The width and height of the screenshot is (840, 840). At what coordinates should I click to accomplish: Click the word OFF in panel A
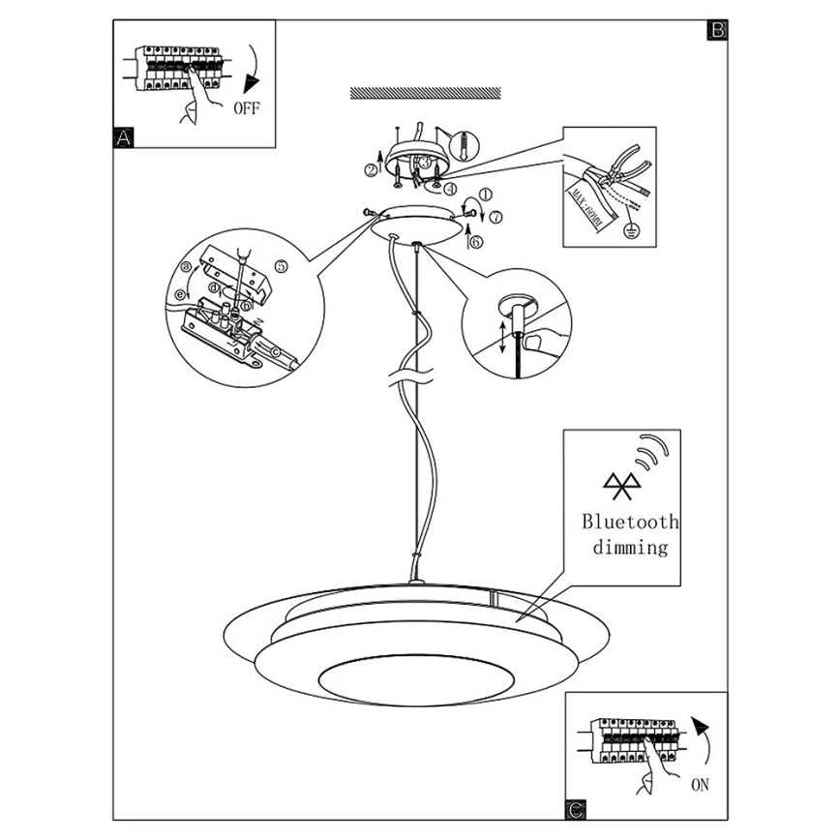tap(247, 107)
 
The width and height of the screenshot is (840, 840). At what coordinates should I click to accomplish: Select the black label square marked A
tap(123, 137)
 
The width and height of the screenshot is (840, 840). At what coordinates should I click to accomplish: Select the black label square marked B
tap(717, 29)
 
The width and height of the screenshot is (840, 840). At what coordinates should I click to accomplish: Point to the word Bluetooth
tap(630, 522)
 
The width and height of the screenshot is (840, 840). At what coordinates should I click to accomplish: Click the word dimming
tap(630, 548)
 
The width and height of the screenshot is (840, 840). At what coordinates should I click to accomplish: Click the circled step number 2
tap(371, 170)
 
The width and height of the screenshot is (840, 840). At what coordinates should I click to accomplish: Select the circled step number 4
tap(450, 188)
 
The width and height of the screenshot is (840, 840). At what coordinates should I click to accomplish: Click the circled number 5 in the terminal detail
tap(281, 265)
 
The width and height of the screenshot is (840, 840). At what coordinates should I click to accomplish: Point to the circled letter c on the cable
tap(275, 351)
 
